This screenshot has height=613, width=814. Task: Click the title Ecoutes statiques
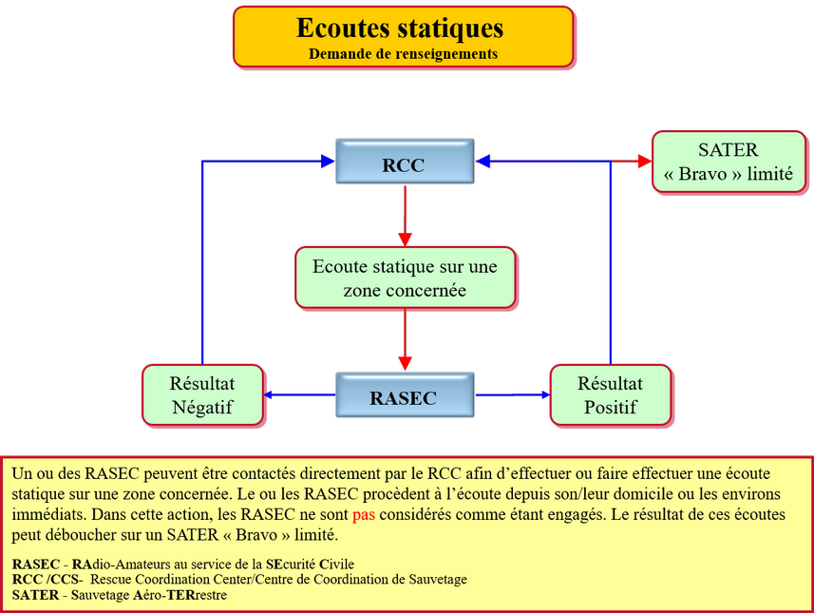coord(400,28)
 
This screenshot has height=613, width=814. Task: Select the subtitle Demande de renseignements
coord(403,54)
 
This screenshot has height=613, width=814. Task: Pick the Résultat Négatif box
coord(201,396)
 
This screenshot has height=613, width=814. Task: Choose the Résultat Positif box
coord(610,396)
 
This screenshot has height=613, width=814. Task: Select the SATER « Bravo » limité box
coord(728,163)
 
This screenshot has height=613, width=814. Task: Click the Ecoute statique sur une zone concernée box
coord(405,278)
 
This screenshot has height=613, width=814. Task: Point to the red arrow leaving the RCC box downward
coord(406,214)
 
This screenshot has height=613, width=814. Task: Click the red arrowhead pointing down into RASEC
coord(406,364)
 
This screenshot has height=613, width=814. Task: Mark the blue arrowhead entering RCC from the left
coord(328,162)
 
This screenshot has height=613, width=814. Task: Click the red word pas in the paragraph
coord(364,515)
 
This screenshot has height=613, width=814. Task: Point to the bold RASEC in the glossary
coord(34,565)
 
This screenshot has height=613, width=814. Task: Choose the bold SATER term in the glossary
coord(34,595)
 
